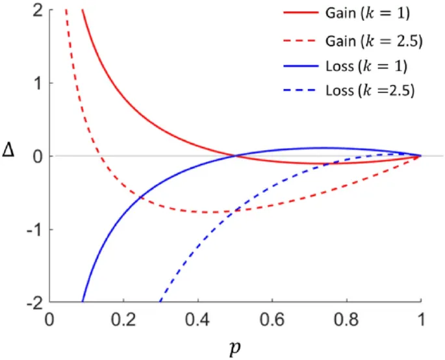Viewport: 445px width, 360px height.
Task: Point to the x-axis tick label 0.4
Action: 197,320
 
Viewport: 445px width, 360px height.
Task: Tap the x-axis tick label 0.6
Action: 272,320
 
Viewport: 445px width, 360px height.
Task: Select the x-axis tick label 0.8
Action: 346,320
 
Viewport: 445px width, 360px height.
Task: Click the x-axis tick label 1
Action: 421,320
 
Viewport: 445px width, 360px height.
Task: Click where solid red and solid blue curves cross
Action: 235,156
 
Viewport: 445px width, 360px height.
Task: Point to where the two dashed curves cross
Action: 233,211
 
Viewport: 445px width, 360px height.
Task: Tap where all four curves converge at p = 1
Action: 420,156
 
